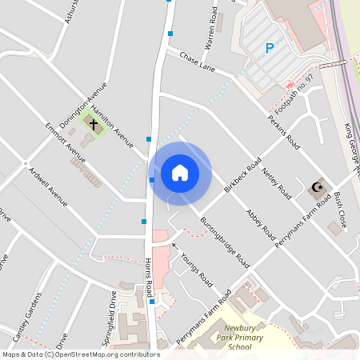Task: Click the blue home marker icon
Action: (180, 172)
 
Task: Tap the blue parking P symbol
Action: (270, 48)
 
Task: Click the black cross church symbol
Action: (94, 124)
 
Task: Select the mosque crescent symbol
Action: (318, 188)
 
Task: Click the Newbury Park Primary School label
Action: (244, 338)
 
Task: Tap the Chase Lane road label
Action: (197, 60)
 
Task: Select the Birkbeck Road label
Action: (243, 176)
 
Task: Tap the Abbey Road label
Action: (261, 222)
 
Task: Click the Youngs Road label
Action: (196, 270)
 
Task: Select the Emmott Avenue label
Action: (65, 142)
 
